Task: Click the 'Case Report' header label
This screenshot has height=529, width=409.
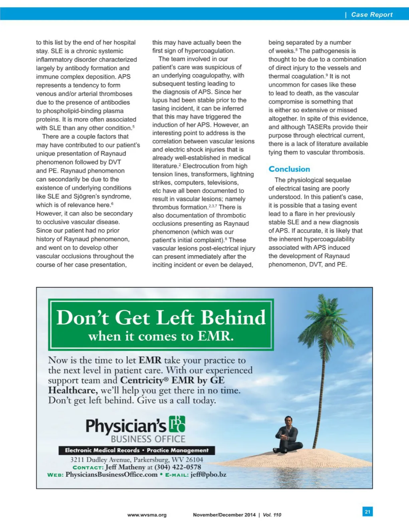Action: coord(371,14)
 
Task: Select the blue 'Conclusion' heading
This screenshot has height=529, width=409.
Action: coord(289,169)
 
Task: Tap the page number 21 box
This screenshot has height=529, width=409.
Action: coord(367,511)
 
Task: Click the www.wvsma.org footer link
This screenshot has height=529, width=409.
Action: coord(147,515)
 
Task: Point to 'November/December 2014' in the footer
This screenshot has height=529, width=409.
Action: coord(224,515)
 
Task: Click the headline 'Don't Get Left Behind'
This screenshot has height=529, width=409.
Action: coord(161,318)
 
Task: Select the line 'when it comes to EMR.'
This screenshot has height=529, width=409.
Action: coord(161,336)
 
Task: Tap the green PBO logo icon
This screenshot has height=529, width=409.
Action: coord(177,424)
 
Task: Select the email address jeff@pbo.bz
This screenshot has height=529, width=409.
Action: coord(208,474)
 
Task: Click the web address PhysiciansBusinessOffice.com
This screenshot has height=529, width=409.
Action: coord(111,474)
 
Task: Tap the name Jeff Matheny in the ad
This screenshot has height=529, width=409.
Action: coord(125,467)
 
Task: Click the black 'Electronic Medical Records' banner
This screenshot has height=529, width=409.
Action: coord(137,450)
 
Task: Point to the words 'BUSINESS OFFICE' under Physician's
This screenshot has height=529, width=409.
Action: coord(148,439)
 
